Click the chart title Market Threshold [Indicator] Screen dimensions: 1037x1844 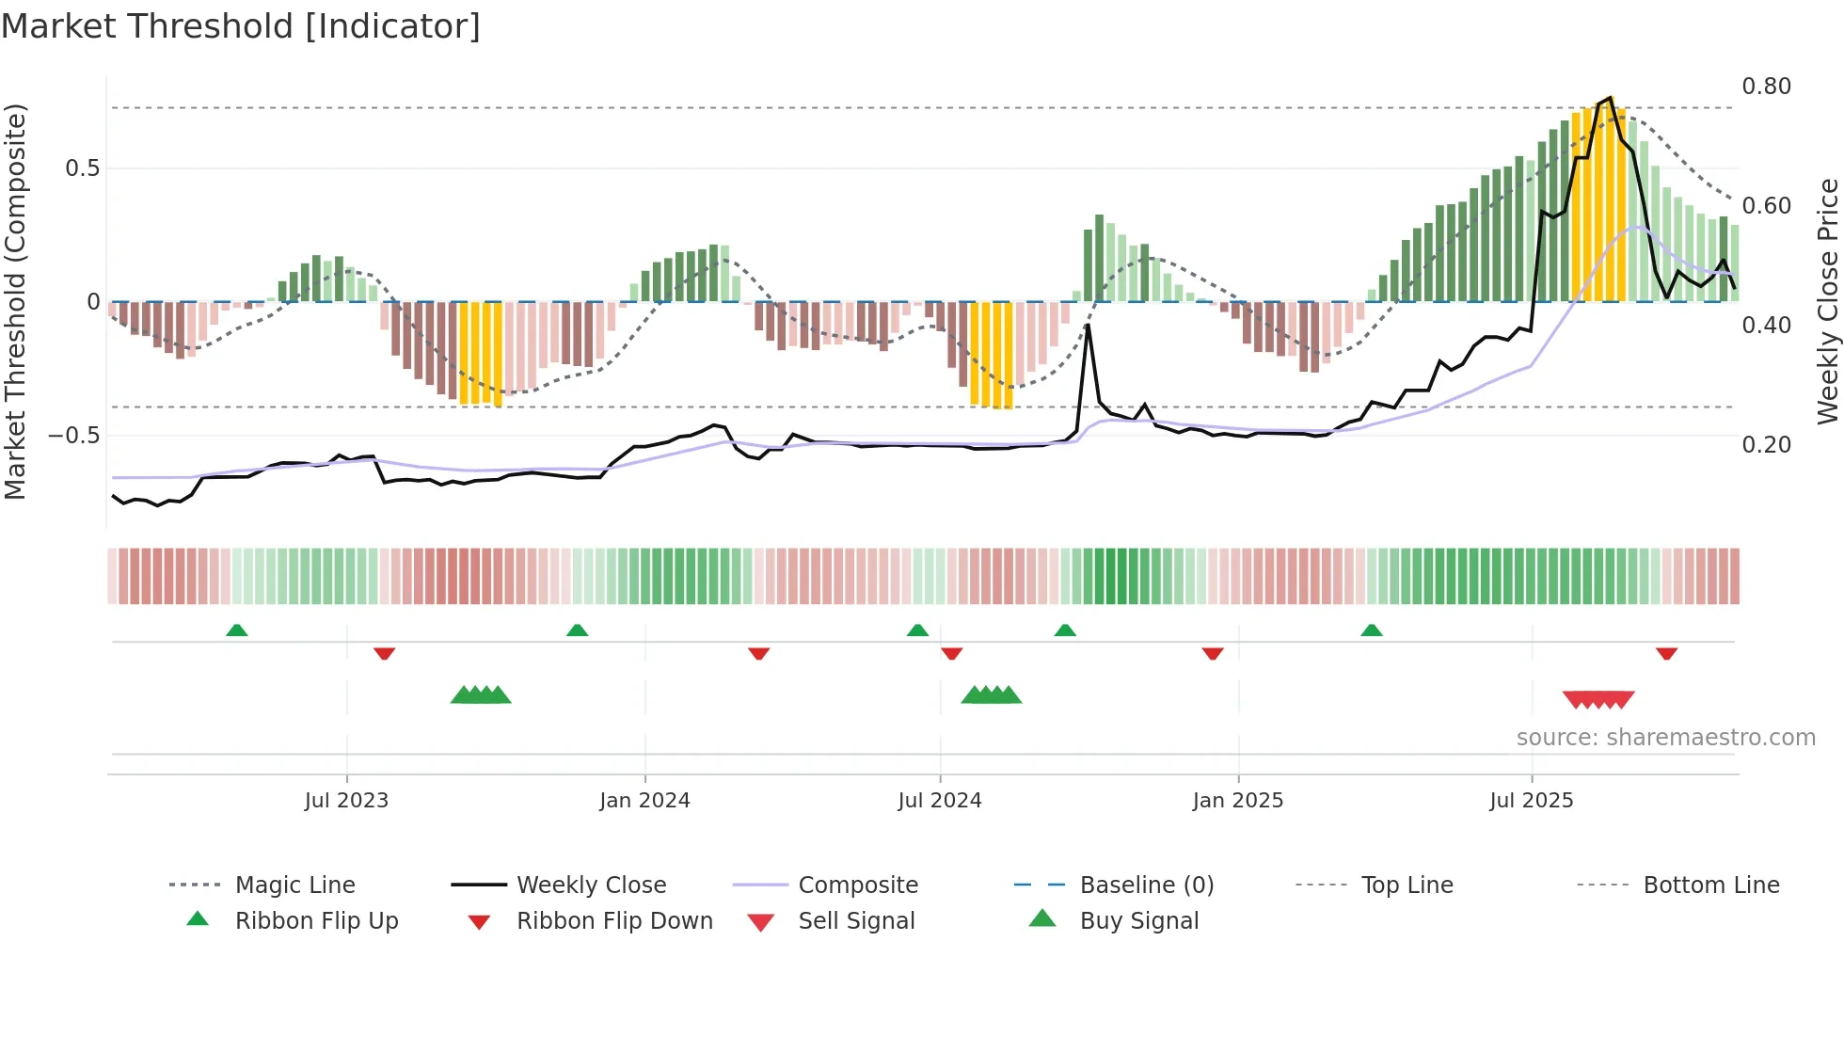click(241, 26)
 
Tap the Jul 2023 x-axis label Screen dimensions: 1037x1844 click(346, 801)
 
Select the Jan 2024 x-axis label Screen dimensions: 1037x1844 click(644, 801)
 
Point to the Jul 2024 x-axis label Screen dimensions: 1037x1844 click(939, 801)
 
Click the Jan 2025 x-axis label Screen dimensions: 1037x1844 click(1237, 801)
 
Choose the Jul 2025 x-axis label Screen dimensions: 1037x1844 click(1531, 801)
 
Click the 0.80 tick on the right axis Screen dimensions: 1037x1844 click(1766, 87)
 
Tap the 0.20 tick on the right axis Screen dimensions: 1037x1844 click(1766, 445)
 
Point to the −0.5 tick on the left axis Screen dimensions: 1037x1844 click(73, 436)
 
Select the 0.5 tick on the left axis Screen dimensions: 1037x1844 click(82, 168)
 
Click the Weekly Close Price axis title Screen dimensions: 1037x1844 click(1827, 301)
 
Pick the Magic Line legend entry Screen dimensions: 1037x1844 click(294, 885)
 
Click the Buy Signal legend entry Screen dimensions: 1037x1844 click(1138, 921)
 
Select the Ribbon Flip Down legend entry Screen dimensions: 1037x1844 click(614, 921)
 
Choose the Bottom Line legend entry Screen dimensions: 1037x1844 click(1710, 885)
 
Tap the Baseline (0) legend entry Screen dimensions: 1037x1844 click(1146, 885)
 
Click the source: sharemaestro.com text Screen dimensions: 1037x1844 click(1665, 738)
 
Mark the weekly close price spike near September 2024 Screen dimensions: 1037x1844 click(1088, 326)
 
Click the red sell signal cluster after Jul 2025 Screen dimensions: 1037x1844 click(1598, 699)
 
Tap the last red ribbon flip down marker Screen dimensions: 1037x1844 click(1666, 653)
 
